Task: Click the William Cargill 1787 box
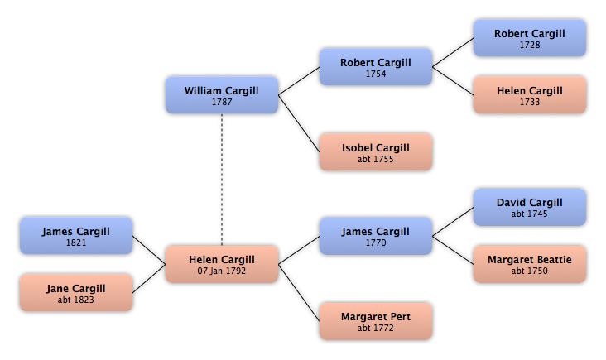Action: click(222, 95)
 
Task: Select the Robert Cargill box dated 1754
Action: click(376, 67)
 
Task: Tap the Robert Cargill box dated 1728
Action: click(530, 38)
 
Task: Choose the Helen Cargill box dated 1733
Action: click(530, 95)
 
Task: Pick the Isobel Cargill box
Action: click(376, 151)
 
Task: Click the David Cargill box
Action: click(530, 207)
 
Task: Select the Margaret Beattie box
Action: click(530, 264)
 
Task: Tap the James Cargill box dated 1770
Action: click(376, 236)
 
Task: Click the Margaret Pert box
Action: click(376, 321)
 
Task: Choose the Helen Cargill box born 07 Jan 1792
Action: click(222, 264)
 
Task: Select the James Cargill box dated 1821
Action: click(76, 236)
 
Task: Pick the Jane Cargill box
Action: click(76, 293)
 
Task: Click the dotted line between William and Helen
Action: click(222, 180)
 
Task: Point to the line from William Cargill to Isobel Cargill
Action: click(299, 123)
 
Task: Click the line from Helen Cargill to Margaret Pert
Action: click(299, 293)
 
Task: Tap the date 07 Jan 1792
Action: click(222, 271)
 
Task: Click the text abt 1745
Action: click(530, 214)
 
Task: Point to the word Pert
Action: click(401, 317)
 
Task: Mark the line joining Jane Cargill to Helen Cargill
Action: click(149, 279)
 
